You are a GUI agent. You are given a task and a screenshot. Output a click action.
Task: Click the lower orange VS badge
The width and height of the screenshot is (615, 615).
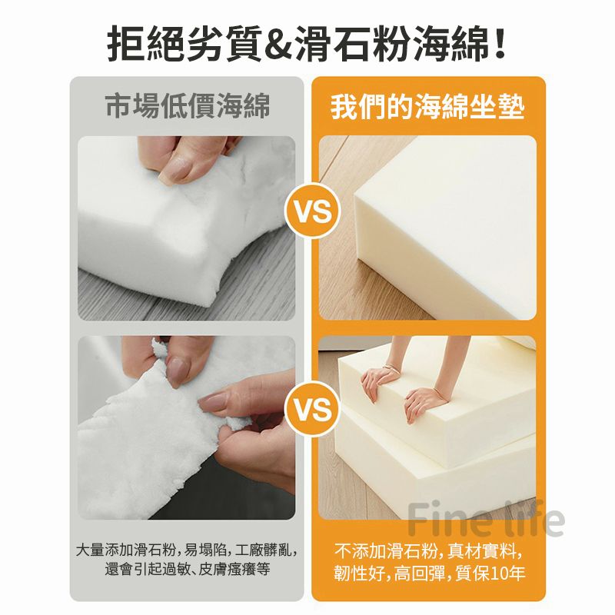pyautogui.click(x=312, y=409)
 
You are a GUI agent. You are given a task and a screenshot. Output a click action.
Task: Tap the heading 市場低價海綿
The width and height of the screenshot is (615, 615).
pyautogui.click(x=188, y=105)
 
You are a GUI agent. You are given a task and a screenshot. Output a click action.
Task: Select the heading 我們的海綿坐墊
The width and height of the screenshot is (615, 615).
pyautogui.click(x=427, y=106)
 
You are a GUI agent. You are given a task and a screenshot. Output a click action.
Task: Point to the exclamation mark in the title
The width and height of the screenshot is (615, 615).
pyautogui.click(x=500, y=44)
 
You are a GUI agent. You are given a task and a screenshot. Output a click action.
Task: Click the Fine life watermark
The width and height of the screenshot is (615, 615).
pyautogui.click(x=487, y=519)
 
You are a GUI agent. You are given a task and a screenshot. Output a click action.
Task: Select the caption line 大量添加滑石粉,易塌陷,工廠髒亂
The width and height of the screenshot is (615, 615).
pyautogui.click(x=186, y=550)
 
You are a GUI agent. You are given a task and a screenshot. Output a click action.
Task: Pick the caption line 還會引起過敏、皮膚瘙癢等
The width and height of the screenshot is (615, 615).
pyautogui.click(x=188, y=569)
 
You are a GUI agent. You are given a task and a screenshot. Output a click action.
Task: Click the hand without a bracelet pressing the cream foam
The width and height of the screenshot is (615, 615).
pyautogui.click(x=426, y=402)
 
